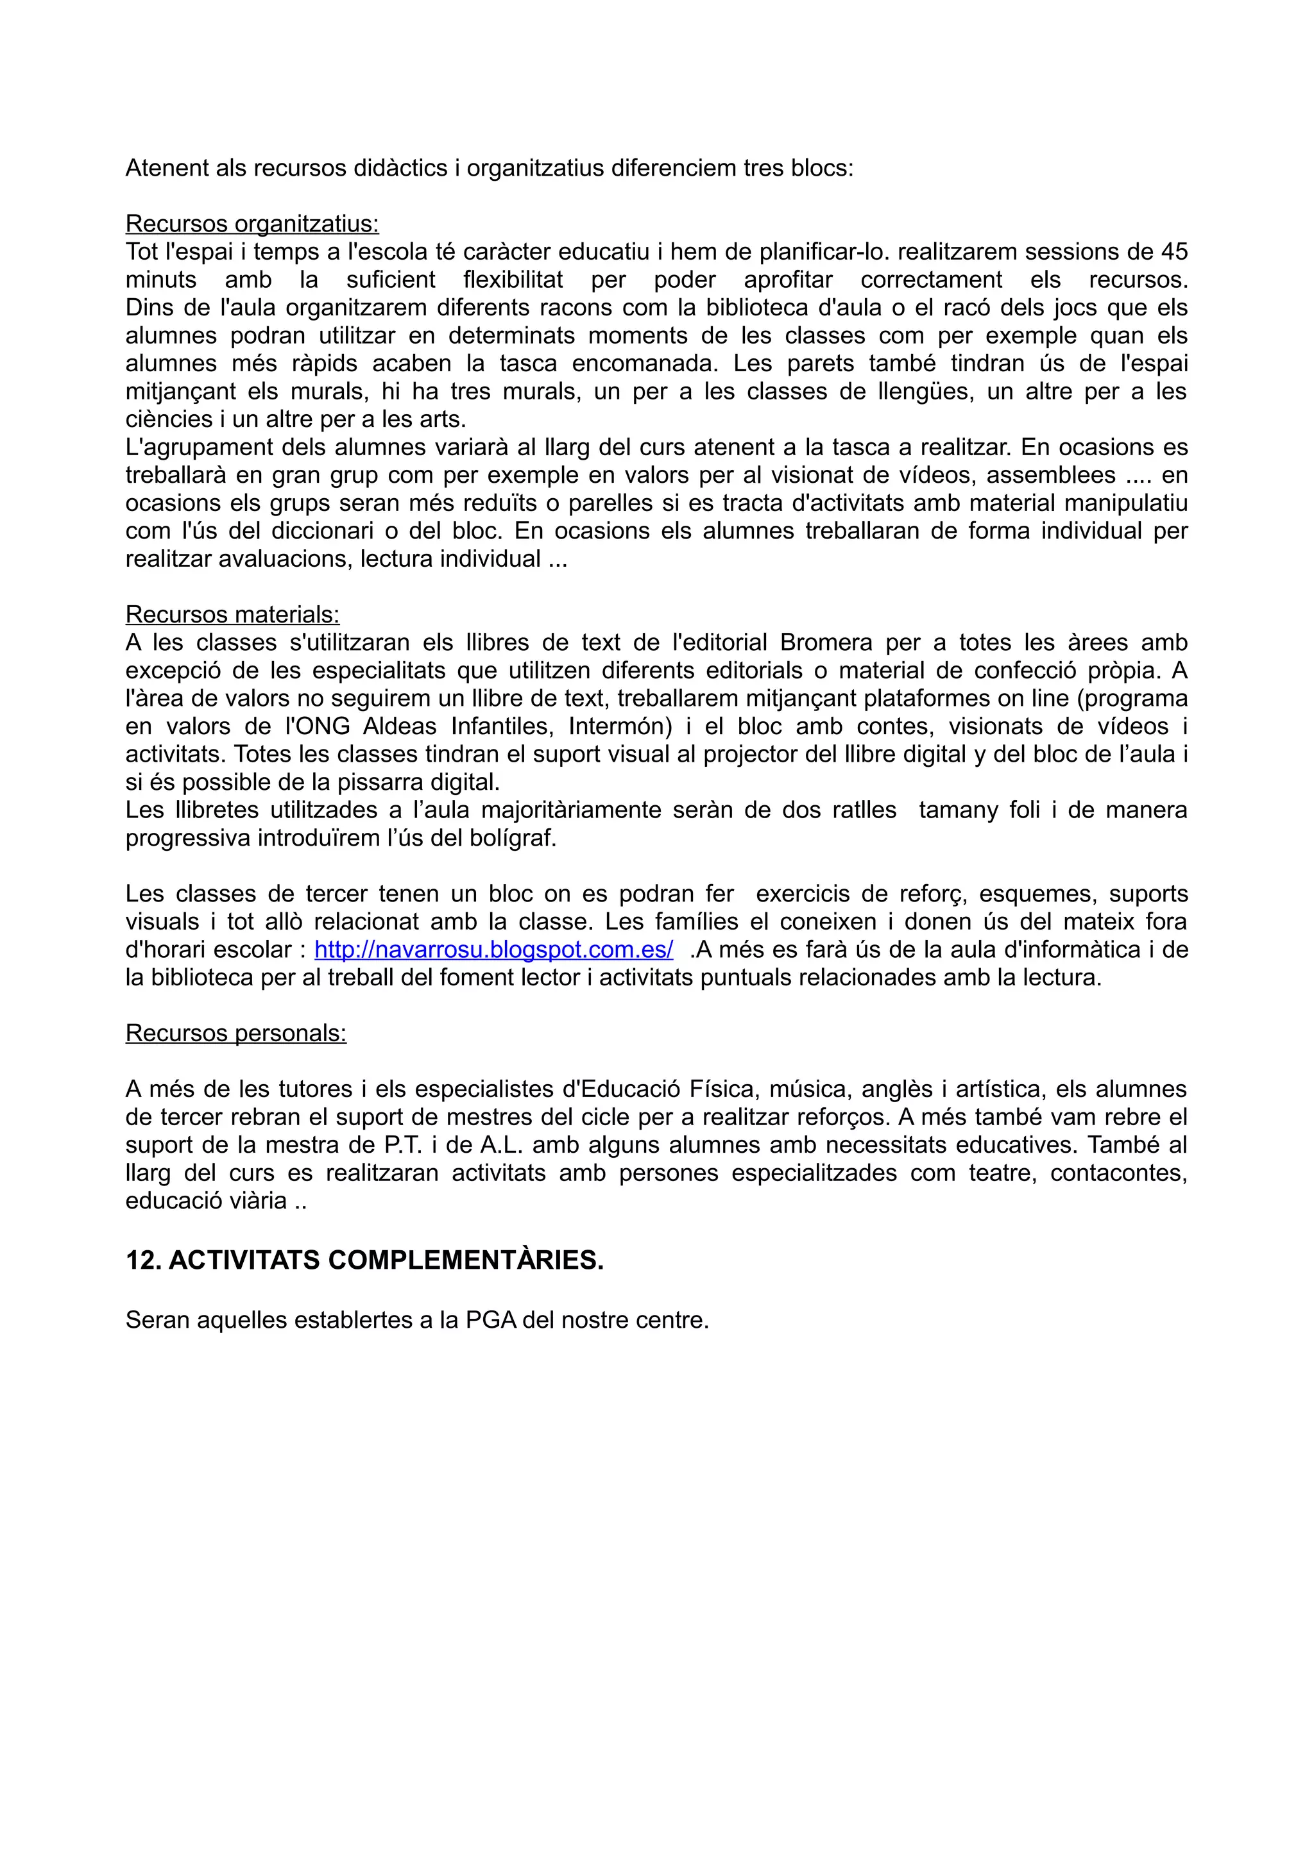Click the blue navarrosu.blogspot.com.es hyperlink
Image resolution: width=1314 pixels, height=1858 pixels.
493,950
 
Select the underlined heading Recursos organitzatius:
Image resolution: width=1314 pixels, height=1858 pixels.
252,223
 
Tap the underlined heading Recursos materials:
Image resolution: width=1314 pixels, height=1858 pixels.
232,614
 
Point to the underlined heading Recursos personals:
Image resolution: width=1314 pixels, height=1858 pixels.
235,1034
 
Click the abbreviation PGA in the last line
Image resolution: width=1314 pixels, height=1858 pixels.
491,1320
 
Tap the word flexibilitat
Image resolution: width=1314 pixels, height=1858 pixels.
513,280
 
